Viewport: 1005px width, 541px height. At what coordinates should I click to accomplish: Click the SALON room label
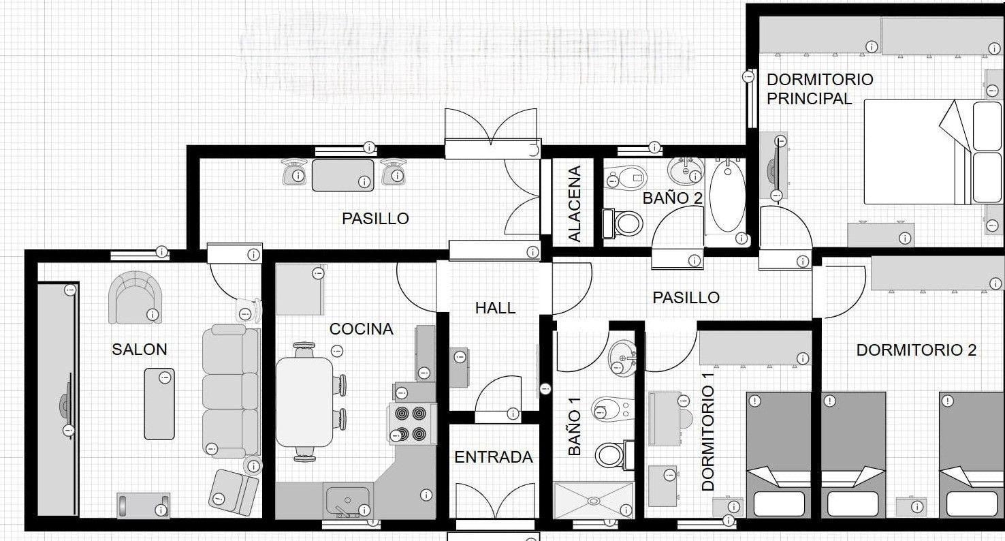coord(139,350)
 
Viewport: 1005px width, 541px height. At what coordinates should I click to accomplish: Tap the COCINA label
coord(361,329)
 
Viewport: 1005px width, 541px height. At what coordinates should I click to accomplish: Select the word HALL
coord(495,308)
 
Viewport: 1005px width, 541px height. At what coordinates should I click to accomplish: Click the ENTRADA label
coord(494,457)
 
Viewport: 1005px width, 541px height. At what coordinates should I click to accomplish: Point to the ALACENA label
coord(575,204)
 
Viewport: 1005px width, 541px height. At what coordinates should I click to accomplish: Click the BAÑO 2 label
coord(672,198)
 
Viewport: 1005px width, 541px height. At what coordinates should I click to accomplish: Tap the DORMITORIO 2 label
coord(916,350)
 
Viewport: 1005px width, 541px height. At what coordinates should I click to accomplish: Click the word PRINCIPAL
coord(809,98)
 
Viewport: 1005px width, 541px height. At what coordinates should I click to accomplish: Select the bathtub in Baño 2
coord(727,198)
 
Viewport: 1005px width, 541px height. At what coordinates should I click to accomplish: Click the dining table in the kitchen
coord(304,402)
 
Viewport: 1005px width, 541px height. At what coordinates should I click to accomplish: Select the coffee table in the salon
coord(159,404)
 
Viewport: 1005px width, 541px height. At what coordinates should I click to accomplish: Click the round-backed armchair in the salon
coord(135,297)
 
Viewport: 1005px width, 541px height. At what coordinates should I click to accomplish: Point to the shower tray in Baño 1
coord(594,500)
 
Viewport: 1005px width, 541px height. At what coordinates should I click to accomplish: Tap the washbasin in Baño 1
coord(622,358)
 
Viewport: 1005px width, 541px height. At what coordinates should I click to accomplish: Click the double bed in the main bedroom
coord(934,152)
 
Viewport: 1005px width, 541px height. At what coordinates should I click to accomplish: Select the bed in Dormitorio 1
coord(778,454)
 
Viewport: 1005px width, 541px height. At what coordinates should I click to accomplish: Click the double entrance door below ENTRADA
coord(495,501)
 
